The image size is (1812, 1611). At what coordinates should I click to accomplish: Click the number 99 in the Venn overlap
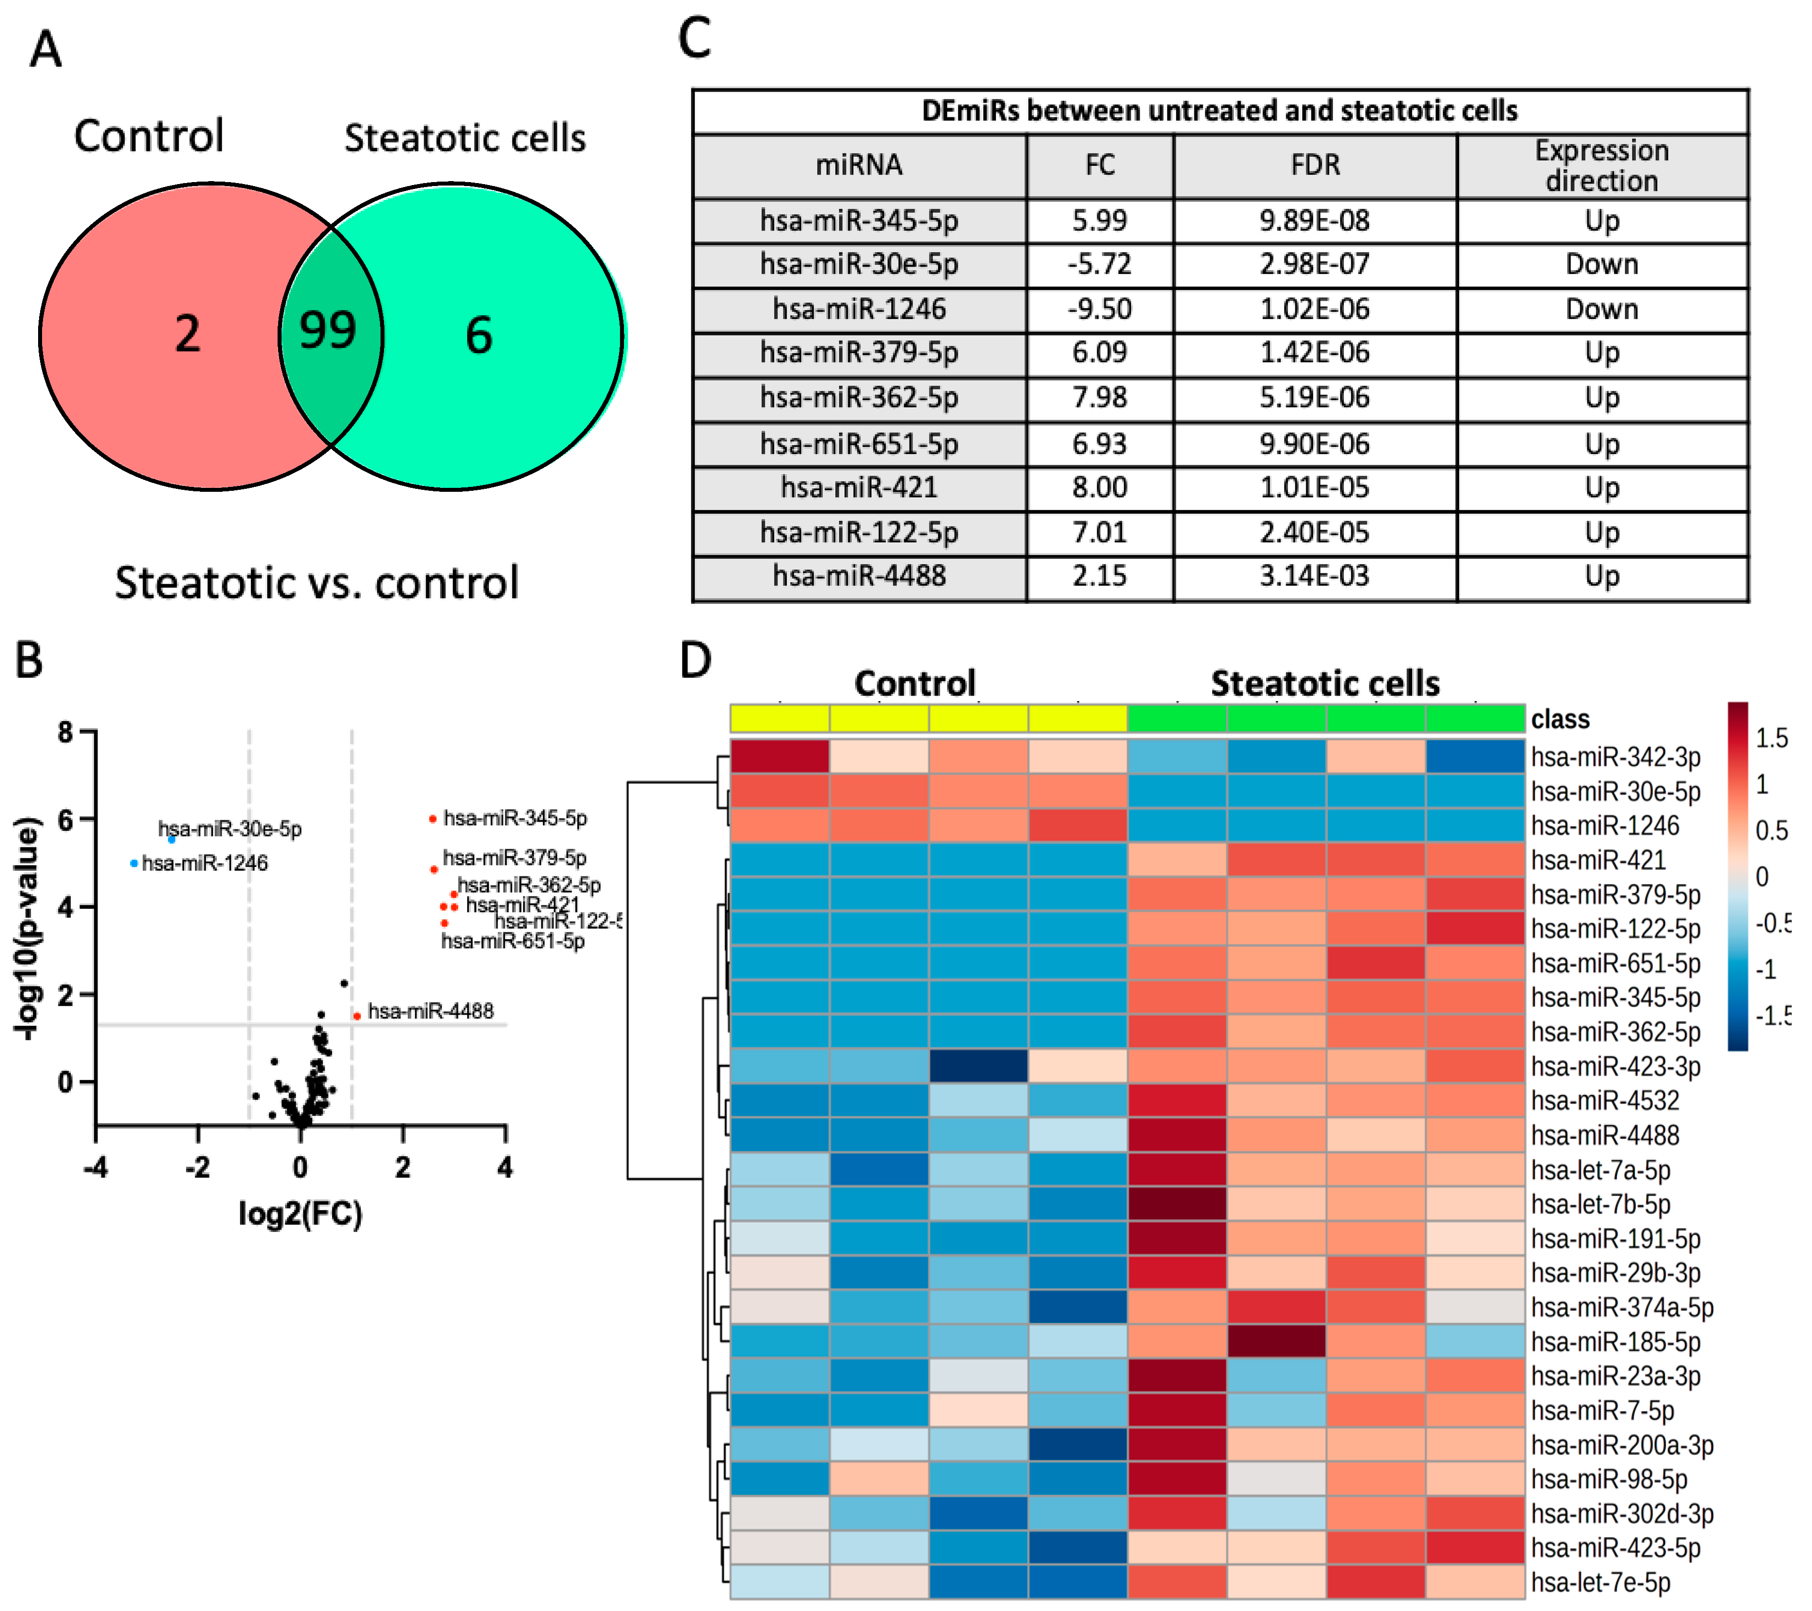point(328,331)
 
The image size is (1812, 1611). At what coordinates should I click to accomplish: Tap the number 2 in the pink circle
point(187,335)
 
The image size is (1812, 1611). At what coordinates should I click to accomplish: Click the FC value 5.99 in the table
point(1099,221)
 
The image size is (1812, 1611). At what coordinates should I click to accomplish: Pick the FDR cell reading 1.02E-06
point(1315,309)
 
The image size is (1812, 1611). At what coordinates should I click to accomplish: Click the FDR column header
point(1315,166)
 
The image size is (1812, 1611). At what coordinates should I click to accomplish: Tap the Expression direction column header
point(1601,166)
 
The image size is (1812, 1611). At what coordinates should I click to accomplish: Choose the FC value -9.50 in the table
point(1099,309)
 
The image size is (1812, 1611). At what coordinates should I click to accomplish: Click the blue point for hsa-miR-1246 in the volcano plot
point(134,863)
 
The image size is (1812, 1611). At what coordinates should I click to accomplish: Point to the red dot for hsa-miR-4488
point(356,1016)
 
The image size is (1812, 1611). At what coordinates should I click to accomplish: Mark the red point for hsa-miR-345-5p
point(432,818)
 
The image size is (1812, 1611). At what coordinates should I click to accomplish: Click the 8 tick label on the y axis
point(65,732)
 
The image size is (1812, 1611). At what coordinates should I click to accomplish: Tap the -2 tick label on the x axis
point(198,1167)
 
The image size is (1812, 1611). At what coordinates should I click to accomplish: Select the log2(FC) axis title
point(300,1213)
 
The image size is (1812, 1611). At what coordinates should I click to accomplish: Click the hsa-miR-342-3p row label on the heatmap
point(1615,757)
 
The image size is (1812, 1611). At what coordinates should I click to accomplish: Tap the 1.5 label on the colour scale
point(1771,739)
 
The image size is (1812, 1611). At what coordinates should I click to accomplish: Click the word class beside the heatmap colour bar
point(1560,719)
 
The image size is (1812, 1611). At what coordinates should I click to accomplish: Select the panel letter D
point(696,660)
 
